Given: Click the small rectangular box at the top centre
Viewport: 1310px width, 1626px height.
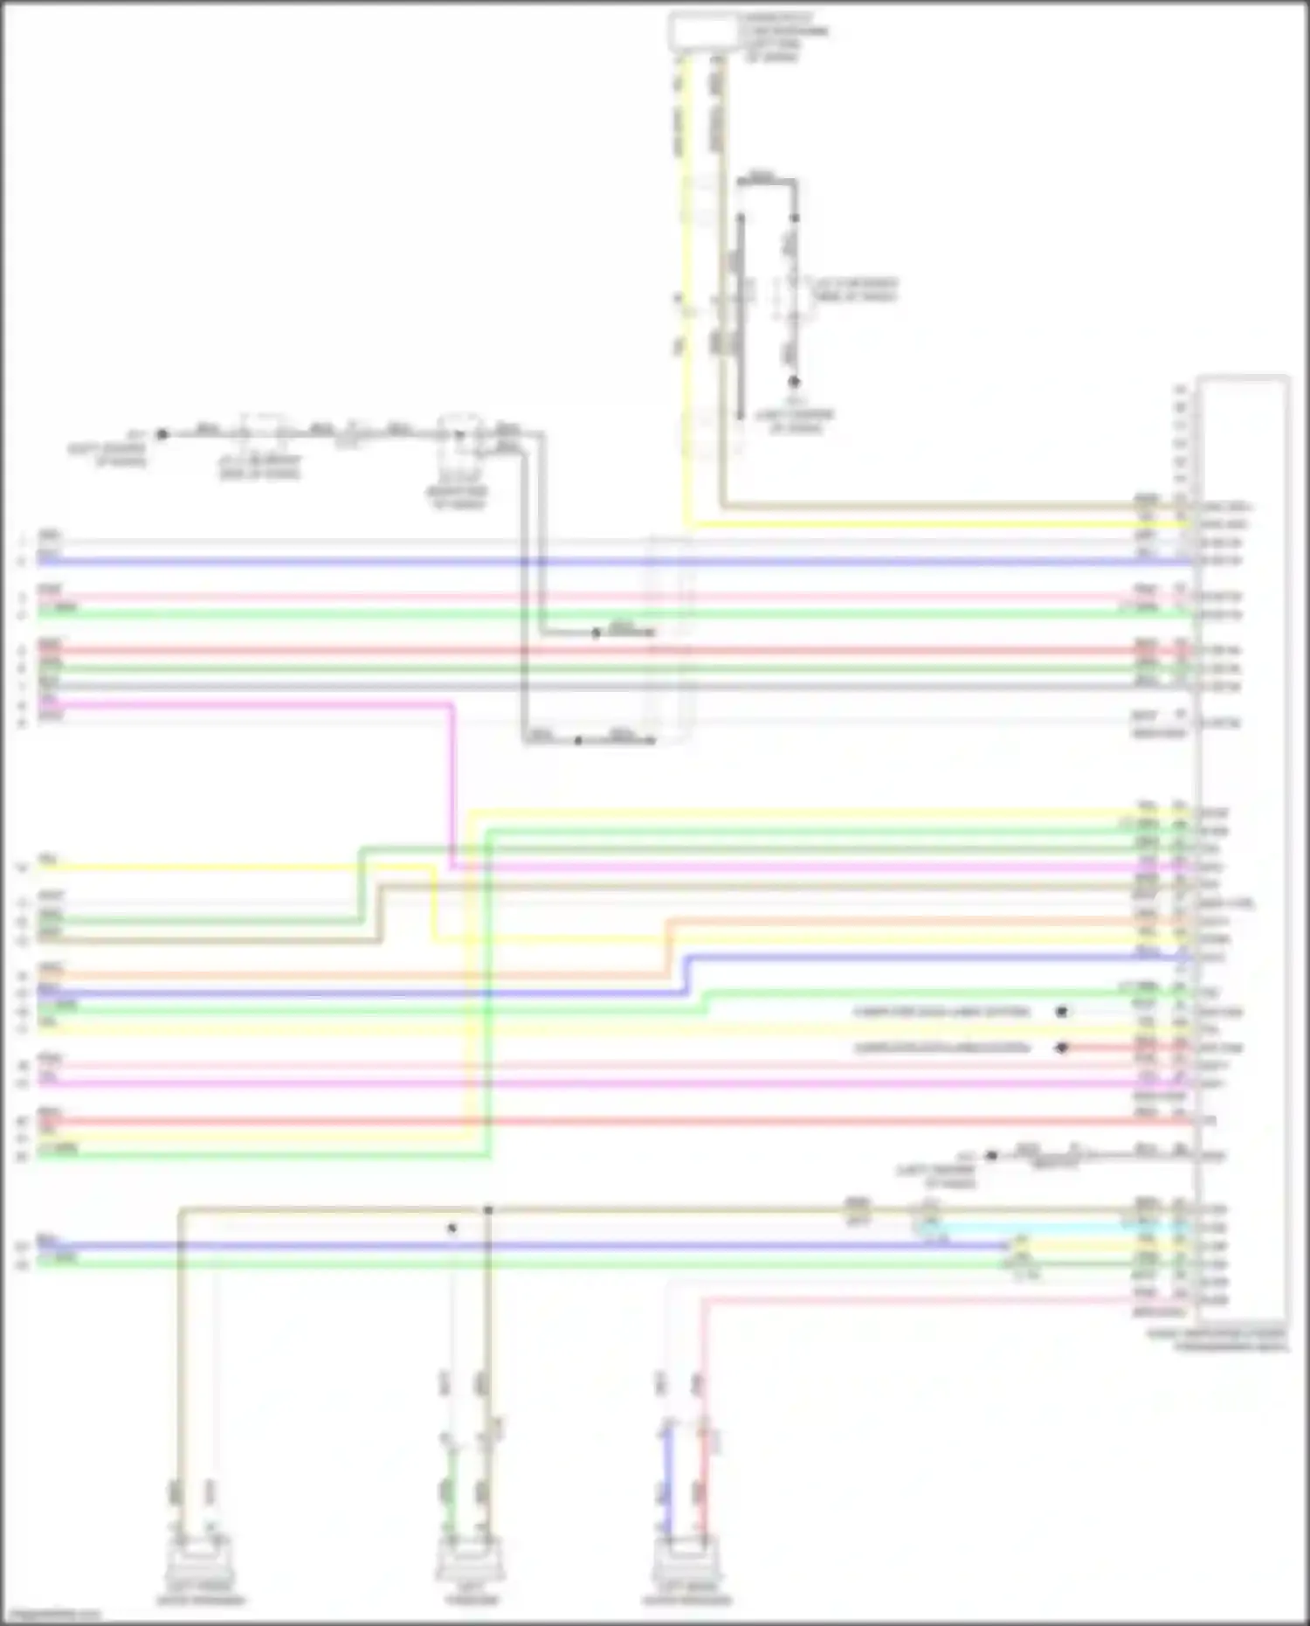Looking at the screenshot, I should [x=702, y=32].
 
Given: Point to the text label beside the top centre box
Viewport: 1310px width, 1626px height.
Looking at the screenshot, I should [x=783, y=38].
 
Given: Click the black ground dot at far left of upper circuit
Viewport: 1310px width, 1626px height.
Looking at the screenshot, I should [x=162, y=433].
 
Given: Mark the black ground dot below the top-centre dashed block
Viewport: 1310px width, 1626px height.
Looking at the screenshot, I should [x=794, y=382].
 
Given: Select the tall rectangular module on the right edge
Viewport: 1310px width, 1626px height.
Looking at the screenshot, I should [x=1243, y=848].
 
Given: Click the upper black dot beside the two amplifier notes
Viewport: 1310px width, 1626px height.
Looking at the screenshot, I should [x=1061, y=1012].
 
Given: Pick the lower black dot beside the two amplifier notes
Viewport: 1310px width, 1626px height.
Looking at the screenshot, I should [x=1061, y=1048].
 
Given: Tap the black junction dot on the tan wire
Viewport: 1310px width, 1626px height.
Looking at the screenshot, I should [x=488, y=1210].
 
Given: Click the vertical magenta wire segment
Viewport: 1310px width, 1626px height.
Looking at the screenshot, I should [x=452, y=786].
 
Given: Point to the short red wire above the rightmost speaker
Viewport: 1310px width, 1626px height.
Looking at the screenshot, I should [x=704, y=1477].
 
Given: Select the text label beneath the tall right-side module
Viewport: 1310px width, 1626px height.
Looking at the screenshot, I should [x=1217, y=1340].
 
